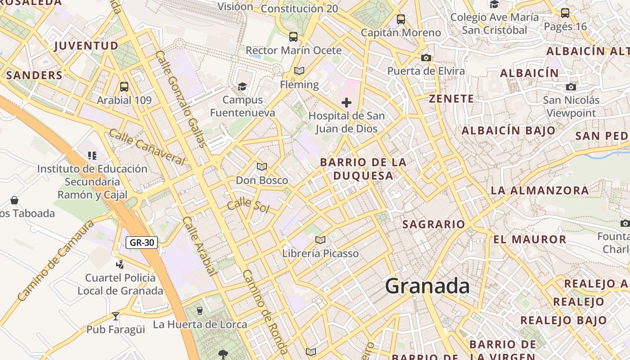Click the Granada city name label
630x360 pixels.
tap(427, 286)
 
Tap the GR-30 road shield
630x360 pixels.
tap(142, 243)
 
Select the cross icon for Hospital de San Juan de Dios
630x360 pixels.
tap(346, 103)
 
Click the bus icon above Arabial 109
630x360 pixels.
tap(124, 87)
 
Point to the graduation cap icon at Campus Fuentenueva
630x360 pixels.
tap(243, 86)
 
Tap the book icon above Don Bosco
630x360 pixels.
tap(262, 167)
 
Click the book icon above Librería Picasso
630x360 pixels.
tap(320, 240)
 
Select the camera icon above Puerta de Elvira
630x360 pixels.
tap(426, 58)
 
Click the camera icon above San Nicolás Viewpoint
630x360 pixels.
tap(571, 87)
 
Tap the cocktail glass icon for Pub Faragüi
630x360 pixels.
tap(116, 316)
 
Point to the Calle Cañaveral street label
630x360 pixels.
tap(147, 147)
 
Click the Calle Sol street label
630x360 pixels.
tap(248, 206)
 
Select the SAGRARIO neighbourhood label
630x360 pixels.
tap(433, 224)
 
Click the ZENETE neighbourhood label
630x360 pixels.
tap(451, 99)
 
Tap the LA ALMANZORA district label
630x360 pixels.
tap(540, 190)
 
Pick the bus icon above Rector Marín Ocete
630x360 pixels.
tap(293, 37)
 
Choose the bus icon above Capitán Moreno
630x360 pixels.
tap(401, 19)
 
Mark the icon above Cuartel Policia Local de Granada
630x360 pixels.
tap(120, 265)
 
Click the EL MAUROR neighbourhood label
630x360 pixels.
tap(530, 239)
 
